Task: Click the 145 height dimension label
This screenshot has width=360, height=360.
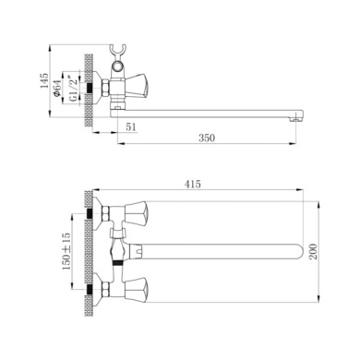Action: [44, 80]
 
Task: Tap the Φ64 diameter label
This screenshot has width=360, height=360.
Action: [57, 89]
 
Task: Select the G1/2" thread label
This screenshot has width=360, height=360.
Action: [73, 88]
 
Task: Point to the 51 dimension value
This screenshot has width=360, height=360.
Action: [131, 126]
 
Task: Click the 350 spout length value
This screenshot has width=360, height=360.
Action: [207, 138]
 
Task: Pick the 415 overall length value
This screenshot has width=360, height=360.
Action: [193, 184]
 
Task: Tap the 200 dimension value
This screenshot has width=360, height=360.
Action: [313, 251]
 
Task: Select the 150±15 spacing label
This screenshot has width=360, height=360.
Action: [66, 251]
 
